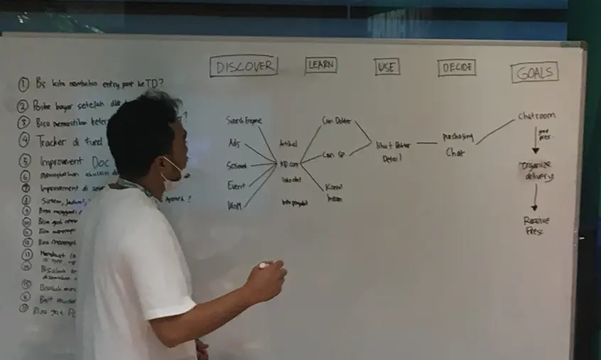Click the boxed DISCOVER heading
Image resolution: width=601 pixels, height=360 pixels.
pos(243,66)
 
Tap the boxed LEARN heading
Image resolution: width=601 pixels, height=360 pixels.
pos(321,65)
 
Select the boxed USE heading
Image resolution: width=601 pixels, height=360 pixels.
pos(387,67)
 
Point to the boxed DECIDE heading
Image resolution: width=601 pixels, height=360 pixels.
pos(456,67)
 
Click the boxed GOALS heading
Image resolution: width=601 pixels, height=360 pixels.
pos(534,72)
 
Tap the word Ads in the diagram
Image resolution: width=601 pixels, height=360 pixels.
pos(234,143)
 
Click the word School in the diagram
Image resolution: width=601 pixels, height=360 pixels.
pos(237,165)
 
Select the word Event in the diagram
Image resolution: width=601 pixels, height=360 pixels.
pos(236,186)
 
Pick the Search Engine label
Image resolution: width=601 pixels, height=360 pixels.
pos(244,121)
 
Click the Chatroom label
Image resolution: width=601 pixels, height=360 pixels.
pos(536,116)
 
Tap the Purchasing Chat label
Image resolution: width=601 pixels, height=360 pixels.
pos(457,144)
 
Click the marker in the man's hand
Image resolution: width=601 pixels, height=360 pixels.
pos(264,266)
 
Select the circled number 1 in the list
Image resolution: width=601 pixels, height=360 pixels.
pos(23,85)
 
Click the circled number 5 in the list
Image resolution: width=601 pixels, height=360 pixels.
pos(25,160)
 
